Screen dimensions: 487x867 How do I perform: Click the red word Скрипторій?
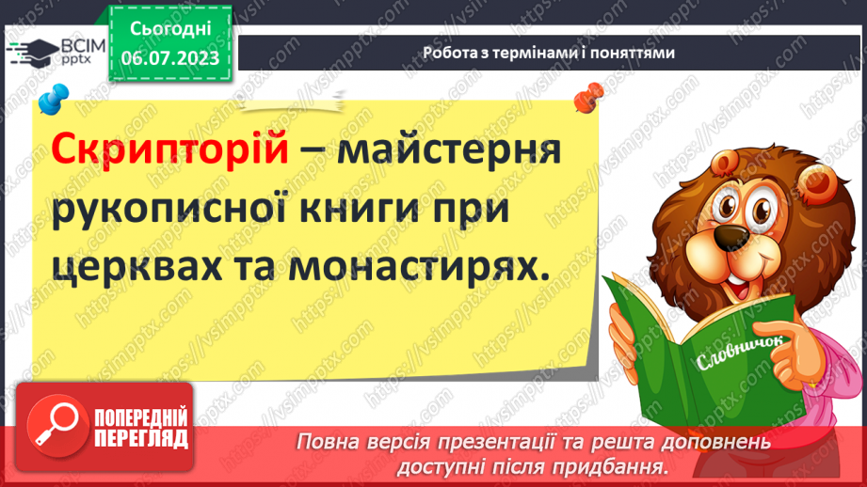169,149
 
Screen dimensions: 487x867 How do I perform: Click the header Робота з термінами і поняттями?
548,54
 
